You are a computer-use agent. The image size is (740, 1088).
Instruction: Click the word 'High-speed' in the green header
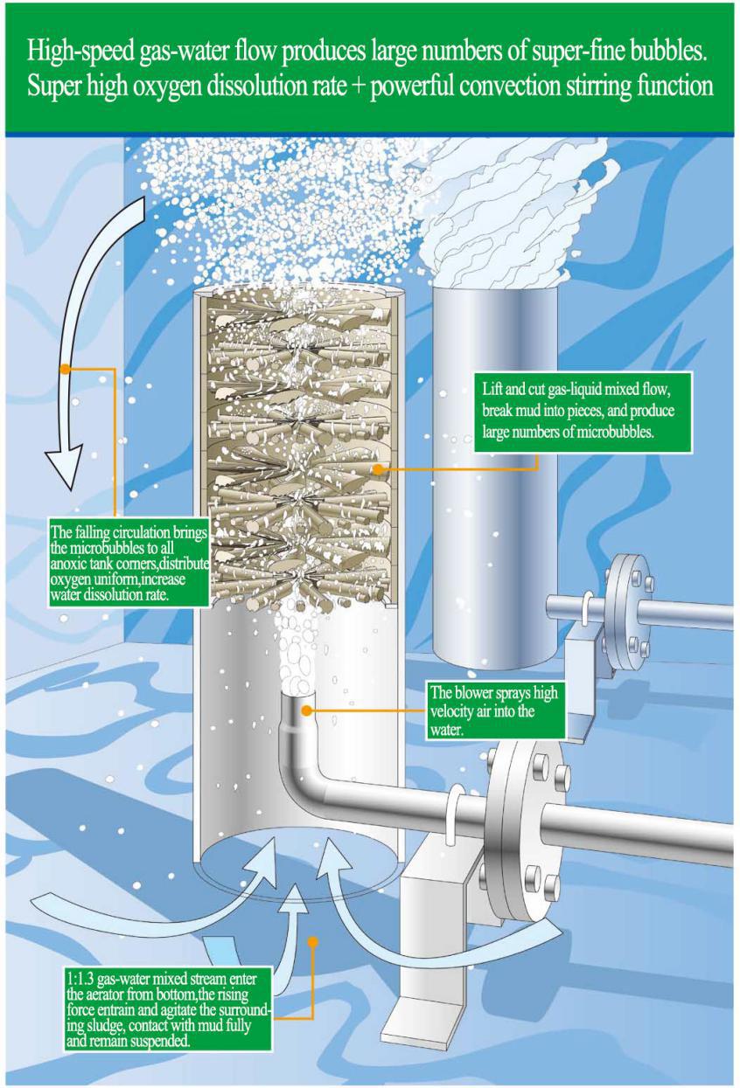point(79,52)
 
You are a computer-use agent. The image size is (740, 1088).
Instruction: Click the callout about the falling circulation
point(129,564)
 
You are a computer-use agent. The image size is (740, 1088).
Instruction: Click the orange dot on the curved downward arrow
point(64,368)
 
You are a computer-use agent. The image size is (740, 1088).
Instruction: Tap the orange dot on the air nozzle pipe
point(305,710)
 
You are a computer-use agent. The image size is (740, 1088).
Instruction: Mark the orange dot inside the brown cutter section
point(377,469)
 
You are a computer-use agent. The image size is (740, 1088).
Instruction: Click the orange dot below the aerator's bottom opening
point(313,942)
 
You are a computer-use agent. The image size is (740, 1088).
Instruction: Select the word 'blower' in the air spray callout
point(477,693)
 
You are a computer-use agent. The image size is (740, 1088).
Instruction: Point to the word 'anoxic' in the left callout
point(68,565)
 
